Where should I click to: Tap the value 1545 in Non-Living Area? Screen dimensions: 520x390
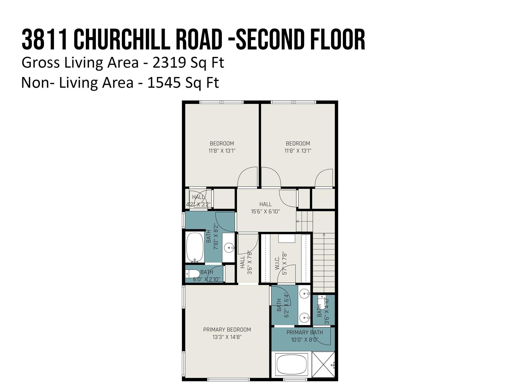coord(164,83)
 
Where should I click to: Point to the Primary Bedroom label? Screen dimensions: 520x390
coord(227,330)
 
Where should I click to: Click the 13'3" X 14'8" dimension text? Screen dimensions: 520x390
coord(227,337)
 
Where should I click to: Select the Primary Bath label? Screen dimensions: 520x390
coord(305,332)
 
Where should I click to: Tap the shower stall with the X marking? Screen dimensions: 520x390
coord(323,364)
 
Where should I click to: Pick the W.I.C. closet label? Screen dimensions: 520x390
coord(277,263)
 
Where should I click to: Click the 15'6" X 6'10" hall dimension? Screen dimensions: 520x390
coord(265,211)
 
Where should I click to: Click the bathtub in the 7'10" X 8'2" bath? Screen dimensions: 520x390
coord(195,247)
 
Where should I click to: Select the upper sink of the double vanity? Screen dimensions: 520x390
coord(305,295)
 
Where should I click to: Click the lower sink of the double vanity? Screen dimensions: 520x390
coord(305,317)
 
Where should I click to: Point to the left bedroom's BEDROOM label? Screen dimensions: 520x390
coord(222,143)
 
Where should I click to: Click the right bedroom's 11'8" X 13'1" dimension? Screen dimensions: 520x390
coord(298,151)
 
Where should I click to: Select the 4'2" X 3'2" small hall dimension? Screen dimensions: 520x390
coord(199,204)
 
